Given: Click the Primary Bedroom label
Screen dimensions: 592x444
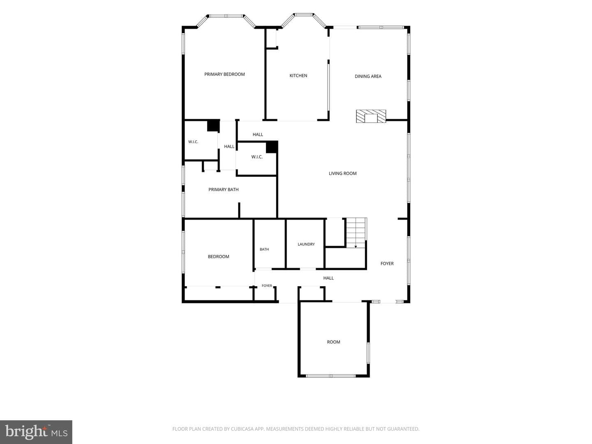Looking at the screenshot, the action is [x=224, y=74].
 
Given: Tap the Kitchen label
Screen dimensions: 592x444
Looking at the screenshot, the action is [x=298, y=76].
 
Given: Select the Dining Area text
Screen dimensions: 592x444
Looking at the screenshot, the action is [x=368, y=76].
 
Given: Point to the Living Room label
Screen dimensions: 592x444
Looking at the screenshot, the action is [x=342, y=173].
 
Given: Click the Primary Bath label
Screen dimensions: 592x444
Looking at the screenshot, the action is [x=223, y=190].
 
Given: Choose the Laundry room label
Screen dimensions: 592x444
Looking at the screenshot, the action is [x=306, y=244].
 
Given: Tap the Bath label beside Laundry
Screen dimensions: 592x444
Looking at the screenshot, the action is [x=264, y=249].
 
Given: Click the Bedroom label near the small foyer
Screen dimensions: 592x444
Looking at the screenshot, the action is [x=218, y=257].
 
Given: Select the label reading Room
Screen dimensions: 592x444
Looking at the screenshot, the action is [x=333, y=342].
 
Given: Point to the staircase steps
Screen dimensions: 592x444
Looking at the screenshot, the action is [x=356, y=233].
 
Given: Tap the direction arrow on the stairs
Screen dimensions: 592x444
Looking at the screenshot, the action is [x=356, y=246].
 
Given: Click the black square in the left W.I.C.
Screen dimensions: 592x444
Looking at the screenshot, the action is [x=213, y=126].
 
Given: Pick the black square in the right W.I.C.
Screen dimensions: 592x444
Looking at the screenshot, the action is [x=272, y=147].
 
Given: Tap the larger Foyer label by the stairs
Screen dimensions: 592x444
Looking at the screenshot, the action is [x=387, y=264].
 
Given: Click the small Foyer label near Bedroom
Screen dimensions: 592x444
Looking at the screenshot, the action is [x=267, y=285].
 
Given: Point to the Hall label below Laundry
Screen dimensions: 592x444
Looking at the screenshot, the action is [x=328, y=278].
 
